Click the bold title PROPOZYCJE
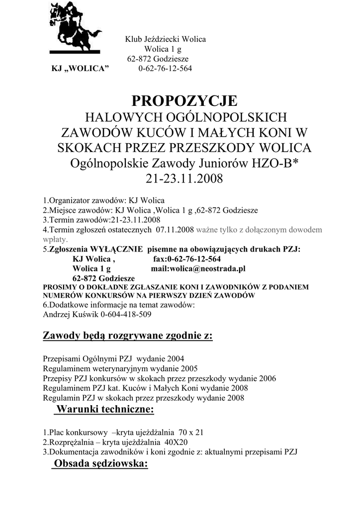(184, 101)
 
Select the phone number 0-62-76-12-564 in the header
(165, 68)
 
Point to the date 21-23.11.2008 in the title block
(184, 177)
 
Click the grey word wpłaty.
(54, 239)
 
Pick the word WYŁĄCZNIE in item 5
(115, 249)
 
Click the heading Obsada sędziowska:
(101, 464)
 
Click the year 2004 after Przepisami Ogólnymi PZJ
(176, 358)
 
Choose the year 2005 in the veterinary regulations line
(186, 368)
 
